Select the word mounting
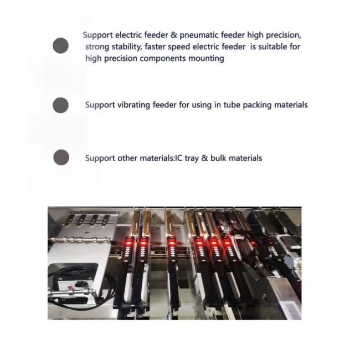point(206,59)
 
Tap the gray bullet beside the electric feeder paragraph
point(60,45)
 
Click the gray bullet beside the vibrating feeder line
point(60,105)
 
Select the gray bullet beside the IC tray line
point(61,157)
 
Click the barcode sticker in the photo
point(291,310)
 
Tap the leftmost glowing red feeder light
point(128,242)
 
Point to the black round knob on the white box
point(80,284)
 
